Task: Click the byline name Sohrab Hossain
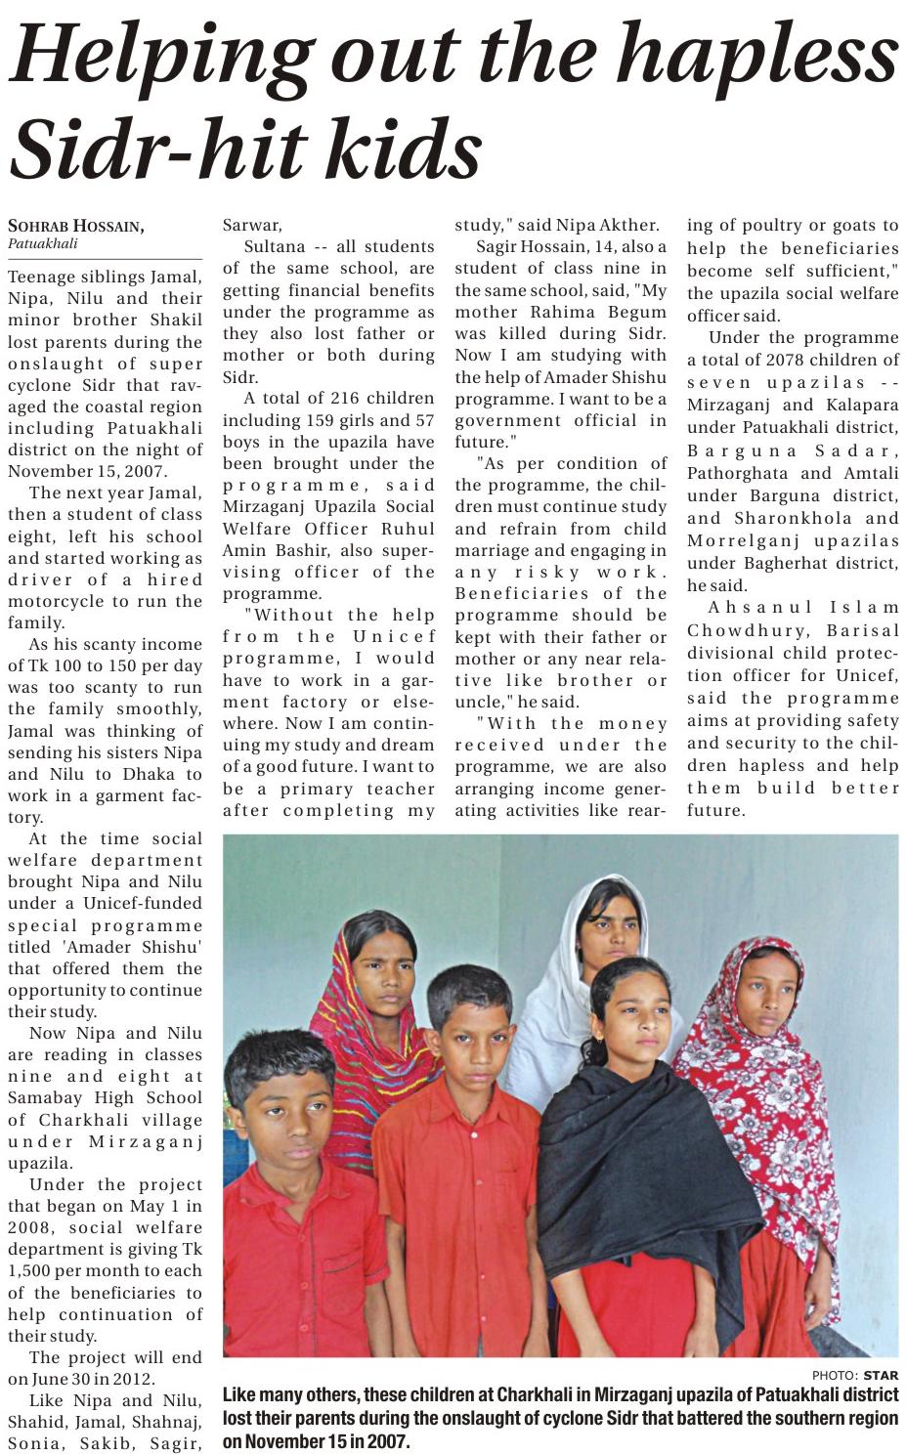76,227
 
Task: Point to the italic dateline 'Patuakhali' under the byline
42,243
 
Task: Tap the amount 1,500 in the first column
37,1271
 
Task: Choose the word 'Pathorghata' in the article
736,473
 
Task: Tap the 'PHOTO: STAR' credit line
854,1375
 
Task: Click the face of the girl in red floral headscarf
767,996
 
